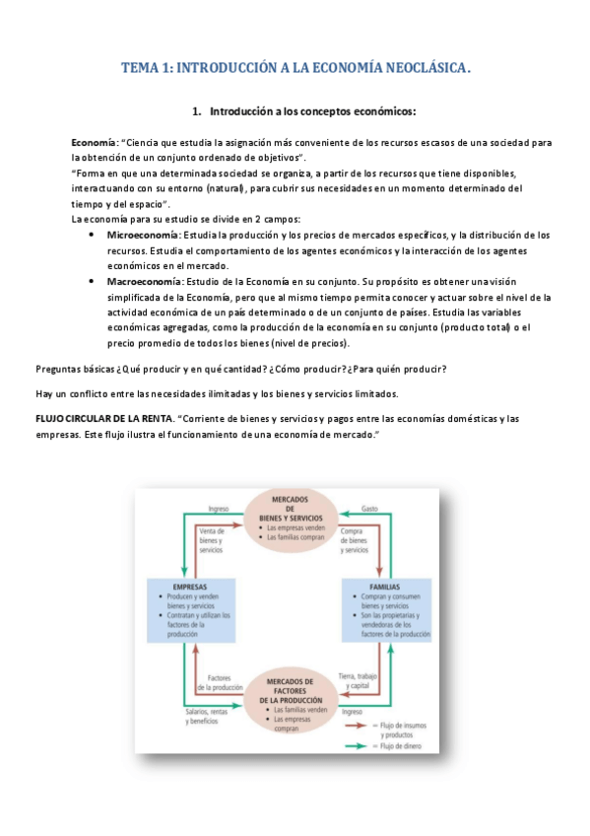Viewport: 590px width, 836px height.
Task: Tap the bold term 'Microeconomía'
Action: (x=143, y=235)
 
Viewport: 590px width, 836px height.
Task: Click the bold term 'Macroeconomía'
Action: (x=144, y=281)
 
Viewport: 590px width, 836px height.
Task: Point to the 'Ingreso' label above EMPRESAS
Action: (x=219, y=509)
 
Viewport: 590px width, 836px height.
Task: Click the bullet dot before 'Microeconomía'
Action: (x=92, y=236)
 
